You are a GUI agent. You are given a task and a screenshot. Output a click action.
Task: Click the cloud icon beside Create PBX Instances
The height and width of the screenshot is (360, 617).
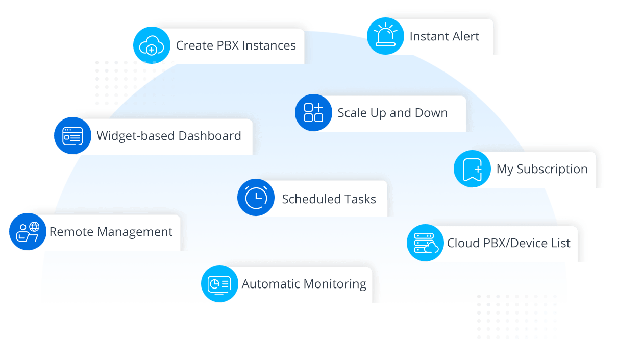pos(151,45)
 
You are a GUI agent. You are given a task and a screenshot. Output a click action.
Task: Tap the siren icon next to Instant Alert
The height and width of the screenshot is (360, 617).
pos(385,36)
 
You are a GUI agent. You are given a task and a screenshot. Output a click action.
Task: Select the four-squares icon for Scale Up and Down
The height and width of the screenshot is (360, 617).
pos(313,113)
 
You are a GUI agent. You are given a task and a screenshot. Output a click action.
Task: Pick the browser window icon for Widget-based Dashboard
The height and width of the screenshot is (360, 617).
pos(72,136)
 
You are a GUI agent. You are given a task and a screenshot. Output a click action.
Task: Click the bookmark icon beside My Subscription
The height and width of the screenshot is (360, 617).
pos(472,169)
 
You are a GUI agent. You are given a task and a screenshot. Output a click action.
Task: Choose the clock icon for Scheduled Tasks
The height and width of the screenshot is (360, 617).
pos(256,198)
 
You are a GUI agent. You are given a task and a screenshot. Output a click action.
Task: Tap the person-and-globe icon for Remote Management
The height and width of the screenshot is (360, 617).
pos(28,232)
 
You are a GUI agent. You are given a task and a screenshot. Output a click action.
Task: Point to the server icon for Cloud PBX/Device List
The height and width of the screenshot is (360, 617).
pos(425,243)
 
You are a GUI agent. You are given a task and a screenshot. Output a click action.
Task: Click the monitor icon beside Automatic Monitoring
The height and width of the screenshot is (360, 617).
pos(219,284)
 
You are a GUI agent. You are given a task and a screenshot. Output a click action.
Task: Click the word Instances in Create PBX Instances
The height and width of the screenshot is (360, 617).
pos(269,45)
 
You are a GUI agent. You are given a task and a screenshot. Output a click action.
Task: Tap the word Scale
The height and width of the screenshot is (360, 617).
pos(353,113)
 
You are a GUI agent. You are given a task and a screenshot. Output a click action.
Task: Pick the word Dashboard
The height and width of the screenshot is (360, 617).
pos(210,136)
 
